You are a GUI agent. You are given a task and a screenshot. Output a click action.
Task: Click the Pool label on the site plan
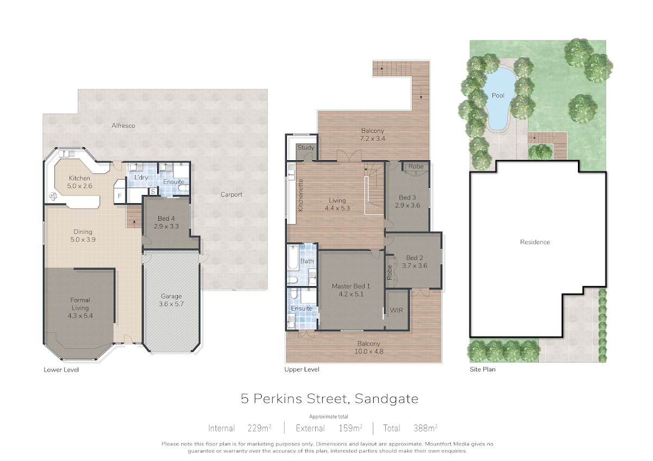tap(498, 95)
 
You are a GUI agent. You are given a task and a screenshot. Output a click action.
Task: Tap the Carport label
tap(231, 195)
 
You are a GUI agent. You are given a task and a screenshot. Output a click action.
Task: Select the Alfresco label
tap(124, 125)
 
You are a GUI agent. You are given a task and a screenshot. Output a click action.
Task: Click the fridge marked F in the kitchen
tap(120, 196)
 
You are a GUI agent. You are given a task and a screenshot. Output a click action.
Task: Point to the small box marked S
tap(153, 192)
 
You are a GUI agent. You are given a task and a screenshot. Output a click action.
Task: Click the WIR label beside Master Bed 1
tap(397, 311)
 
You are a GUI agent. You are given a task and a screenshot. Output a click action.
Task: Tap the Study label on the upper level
tap(305, 148)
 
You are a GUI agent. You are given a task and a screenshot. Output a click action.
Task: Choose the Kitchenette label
tap(300, 195)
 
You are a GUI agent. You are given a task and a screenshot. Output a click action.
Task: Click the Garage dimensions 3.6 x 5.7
tap(171, 304)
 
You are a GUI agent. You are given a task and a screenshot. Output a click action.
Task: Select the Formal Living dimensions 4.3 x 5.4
tap(80, 316)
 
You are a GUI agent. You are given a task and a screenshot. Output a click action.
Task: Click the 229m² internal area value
tap(260, 428)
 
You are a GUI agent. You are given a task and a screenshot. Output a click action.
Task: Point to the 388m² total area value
tap(426, 428)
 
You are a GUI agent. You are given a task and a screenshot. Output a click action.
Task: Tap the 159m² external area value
tap(350, 428)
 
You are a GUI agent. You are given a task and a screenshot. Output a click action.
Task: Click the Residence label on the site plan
tap(535, 242)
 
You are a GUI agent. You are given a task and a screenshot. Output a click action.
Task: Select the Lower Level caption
tap(61, 369)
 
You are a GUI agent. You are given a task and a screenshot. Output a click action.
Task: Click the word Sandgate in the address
tap(386, 399)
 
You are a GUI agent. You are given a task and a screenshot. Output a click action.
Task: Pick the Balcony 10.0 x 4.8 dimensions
tap(369, 351)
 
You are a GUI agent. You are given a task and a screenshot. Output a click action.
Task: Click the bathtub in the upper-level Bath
tap(293, 258)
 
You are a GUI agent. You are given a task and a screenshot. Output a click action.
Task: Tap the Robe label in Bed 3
tap(416, 166)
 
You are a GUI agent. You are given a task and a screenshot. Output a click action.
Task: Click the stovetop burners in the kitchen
tap(53, 197)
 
